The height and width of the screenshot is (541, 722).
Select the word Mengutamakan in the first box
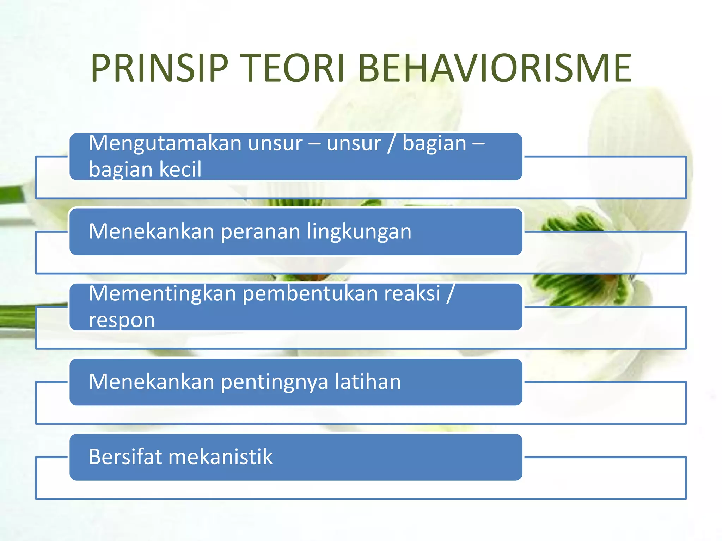165,144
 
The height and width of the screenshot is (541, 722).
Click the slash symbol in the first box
391,144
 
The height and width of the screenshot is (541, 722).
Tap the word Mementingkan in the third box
162,294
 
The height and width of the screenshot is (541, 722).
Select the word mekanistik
220,457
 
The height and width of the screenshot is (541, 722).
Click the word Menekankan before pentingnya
152,382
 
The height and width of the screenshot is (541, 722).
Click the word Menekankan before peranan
152,232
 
